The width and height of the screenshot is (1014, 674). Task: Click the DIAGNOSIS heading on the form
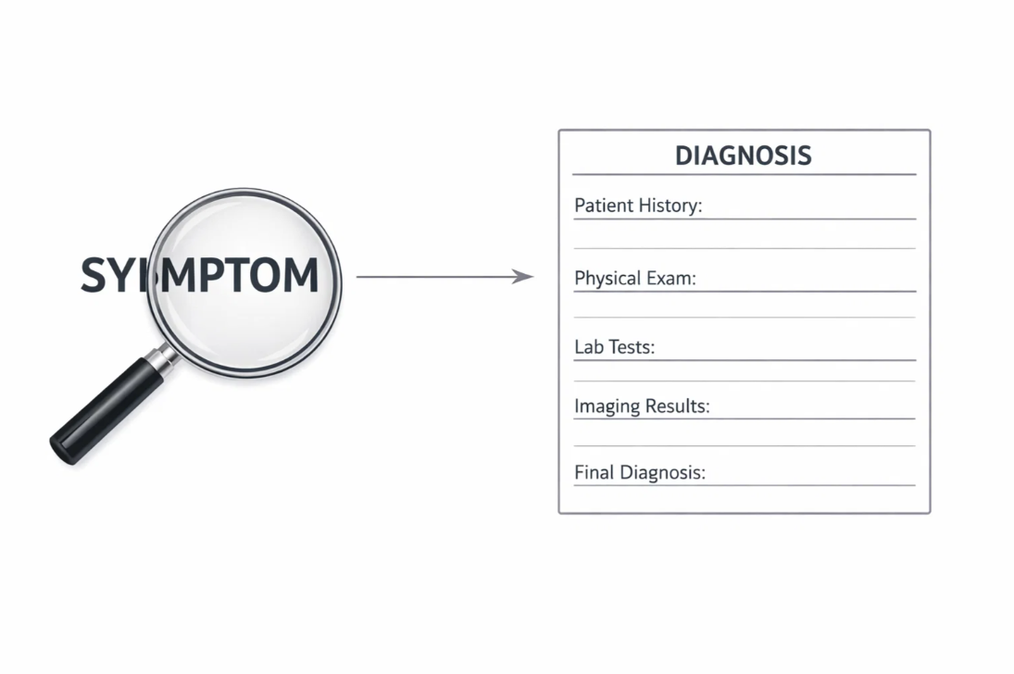743,155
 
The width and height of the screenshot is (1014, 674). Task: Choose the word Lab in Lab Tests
587,347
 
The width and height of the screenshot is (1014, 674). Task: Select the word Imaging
607,406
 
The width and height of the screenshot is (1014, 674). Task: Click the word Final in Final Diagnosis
594,472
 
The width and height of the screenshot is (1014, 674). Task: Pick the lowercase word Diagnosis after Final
661,472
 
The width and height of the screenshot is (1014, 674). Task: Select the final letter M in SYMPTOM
300,276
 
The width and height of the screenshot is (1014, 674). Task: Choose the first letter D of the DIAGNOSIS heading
684,155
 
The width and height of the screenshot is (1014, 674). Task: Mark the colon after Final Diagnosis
704,473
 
